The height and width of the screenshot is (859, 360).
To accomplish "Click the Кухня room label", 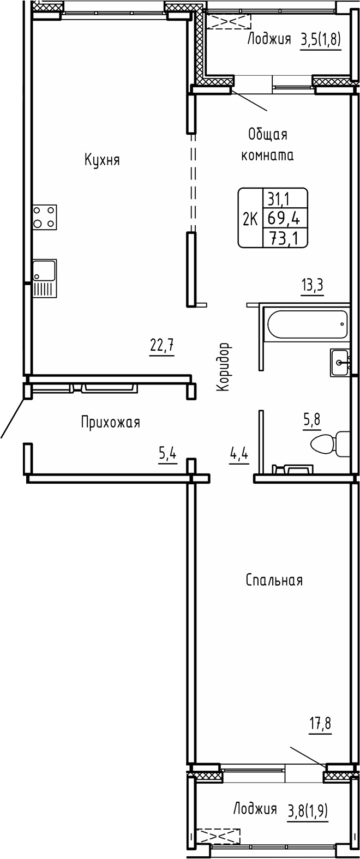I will click(102, 160).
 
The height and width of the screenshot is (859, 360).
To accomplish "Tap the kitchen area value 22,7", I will click(162, 345).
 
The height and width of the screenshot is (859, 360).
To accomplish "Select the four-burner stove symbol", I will click(44, 216).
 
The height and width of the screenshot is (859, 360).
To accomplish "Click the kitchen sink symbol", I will click(44, 278).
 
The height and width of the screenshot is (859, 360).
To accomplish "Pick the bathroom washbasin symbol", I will click(341, 363).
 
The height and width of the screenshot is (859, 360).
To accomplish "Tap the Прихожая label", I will click(110, 422).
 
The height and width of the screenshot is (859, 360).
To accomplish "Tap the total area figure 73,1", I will click(284, 237).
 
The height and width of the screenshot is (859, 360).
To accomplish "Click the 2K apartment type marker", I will click(250, 219).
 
